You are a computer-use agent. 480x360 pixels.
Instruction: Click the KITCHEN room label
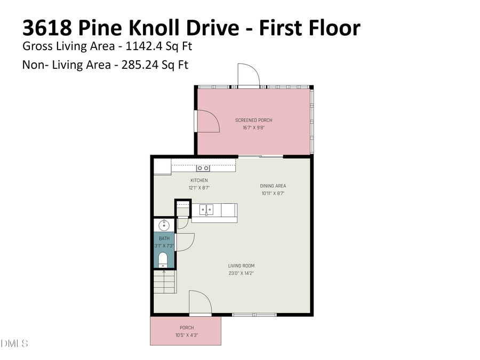coord(198,180)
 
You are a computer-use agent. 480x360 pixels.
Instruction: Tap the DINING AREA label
coord(273,186)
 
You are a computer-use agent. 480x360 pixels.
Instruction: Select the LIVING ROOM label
coord(241,266)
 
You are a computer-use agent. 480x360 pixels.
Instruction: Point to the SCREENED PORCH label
coord(254,121)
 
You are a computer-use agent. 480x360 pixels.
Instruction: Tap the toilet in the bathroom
coord(163,260)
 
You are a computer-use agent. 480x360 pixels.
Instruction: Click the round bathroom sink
coord(163,224)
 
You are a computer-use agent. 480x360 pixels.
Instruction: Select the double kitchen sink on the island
coord(206,210)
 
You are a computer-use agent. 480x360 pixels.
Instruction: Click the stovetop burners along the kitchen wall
coord(203,168)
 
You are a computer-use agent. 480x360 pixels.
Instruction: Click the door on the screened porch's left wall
coord(209,121)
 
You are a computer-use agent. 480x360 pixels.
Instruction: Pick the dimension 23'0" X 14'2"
coord(241,273)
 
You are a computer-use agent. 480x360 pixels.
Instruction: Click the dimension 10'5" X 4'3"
coord(187,335)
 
